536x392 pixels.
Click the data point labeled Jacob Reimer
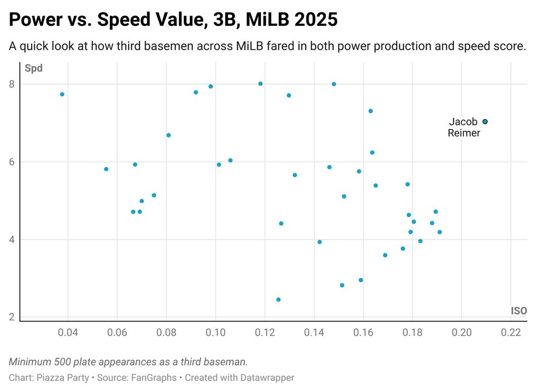[x=485, y=122]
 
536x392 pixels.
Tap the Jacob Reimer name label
[x=464, y=127]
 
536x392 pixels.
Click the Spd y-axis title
[x=33, y=69]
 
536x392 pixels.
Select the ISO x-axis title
[x=518, y=311]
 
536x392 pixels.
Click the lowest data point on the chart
[x=278, y=299]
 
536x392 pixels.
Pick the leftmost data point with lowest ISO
[x=62, y=94]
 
